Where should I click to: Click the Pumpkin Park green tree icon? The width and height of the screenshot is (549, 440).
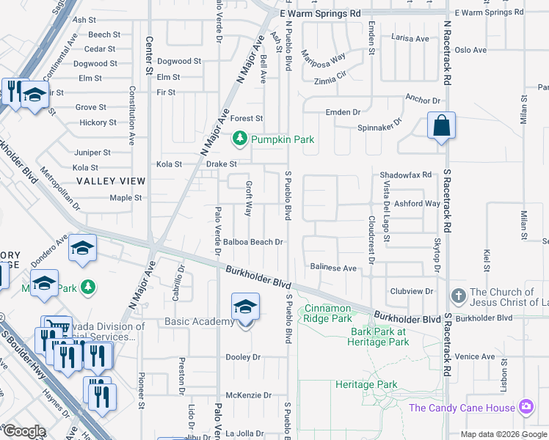[x=240, y=139]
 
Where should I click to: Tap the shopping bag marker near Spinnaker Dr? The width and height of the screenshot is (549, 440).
[x=442, y=125]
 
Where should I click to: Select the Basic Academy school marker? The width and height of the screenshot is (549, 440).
[x=245, y=308]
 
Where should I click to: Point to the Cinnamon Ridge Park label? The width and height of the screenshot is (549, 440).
[x=328, y=314]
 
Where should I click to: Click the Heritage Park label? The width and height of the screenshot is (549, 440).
[x=366, y=384]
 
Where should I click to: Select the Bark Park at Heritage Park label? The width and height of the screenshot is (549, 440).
[x=379, y=337]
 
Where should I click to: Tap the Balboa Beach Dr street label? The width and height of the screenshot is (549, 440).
[x=253, y=242]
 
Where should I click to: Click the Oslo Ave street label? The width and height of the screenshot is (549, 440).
[x=470, y=50]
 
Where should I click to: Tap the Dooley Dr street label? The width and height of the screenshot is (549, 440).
[x=244, y=357]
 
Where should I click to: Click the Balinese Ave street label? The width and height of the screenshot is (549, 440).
[x=333, y=268]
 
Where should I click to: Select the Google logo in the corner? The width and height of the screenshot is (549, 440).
[x=24, y=431]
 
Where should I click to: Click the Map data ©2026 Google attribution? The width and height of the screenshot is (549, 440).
[x=503, y=434]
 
